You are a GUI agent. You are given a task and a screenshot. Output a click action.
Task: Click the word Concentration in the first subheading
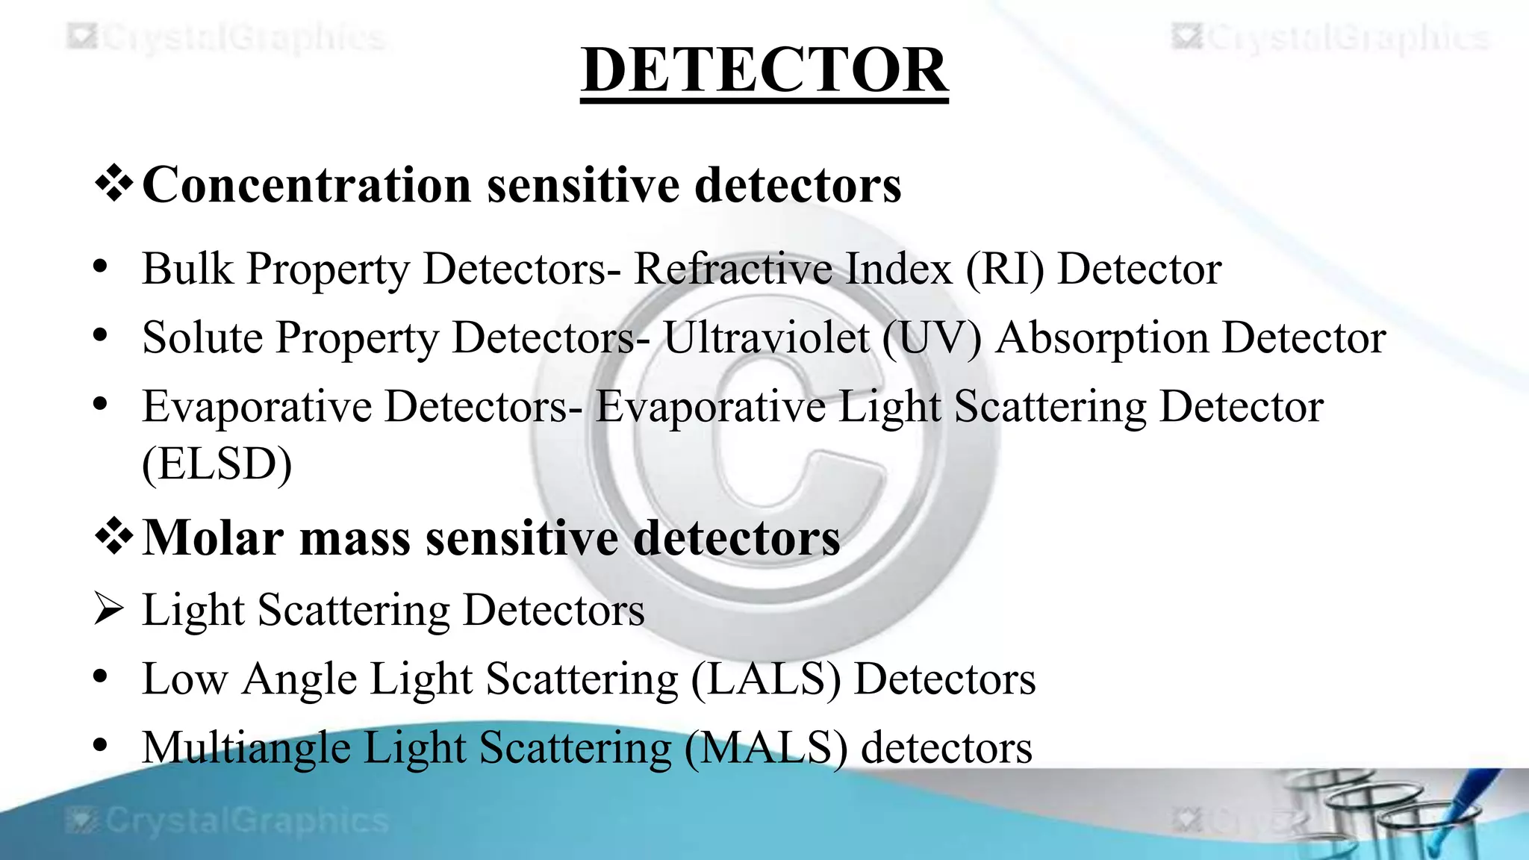pos(306,184)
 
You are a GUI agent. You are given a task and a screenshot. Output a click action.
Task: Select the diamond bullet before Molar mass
pos(114,537)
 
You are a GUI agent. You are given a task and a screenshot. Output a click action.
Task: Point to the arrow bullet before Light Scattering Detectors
pos(109,609)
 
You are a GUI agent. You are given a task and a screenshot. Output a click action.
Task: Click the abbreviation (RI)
pos(1005,269)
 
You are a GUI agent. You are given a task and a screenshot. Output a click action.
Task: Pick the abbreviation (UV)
pos(932,337)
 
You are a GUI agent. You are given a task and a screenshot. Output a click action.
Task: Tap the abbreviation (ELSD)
pos(217,464)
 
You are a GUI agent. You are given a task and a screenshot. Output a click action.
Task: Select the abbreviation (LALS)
pos(765,679)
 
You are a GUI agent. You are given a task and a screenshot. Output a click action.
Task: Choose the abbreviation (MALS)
pos(765,748)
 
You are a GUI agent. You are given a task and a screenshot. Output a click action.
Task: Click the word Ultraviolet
pos(766,337)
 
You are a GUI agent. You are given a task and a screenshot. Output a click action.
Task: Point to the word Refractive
pos(733,269)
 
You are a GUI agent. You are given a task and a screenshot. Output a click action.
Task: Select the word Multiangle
pos(246,748)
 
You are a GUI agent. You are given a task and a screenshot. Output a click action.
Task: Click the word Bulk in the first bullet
pos(187,269)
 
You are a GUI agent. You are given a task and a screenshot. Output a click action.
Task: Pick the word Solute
pos(202,337)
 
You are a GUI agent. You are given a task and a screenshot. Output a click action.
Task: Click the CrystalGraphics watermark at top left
pos(227,37)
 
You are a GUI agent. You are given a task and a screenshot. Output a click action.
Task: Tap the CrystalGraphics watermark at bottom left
pos(227,820)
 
